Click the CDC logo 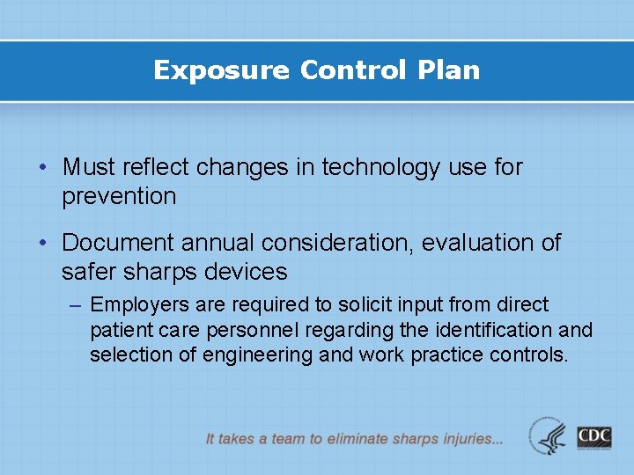pyautogui.click(x=594, y=436)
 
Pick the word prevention pyautogui.click(x=119, y=196)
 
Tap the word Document pyautogui.click(x=118, y=242)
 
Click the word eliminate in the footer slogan pyautogui.click(x=366, y=438)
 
